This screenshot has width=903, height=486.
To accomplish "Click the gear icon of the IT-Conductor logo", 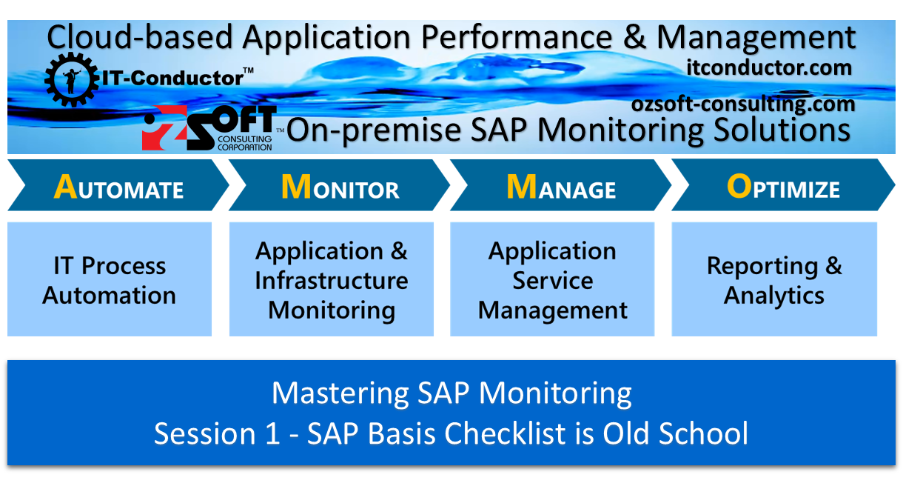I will (71, 77).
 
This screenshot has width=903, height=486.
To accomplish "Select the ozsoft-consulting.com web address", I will (743, 104).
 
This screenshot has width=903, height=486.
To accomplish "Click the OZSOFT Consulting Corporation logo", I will (209, 128).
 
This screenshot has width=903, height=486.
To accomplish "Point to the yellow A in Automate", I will (65, 188).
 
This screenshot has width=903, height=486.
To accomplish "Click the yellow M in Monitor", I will (295, 188).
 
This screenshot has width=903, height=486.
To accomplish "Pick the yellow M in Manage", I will (520, 188).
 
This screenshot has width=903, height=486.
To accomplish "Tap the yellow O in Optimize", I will (739, 188).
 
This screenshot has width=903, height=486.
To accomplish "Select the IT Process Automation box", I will (110, 279).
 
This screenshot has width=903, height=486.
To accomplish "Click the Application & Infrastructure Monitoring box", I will (331, 279).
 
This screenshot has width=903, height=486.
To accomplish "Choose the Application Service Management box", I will (552, 279).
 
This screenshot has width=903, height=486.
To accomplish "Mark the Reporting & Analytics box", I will (774, 279).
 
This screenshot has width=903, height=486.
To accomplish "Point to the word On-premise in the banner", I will (358, 130).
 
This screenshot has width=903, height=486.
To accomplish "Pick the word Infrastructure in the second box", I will (331, 281).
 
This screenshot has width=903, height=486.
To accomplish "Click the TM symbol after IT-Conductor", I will (248, 71).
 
